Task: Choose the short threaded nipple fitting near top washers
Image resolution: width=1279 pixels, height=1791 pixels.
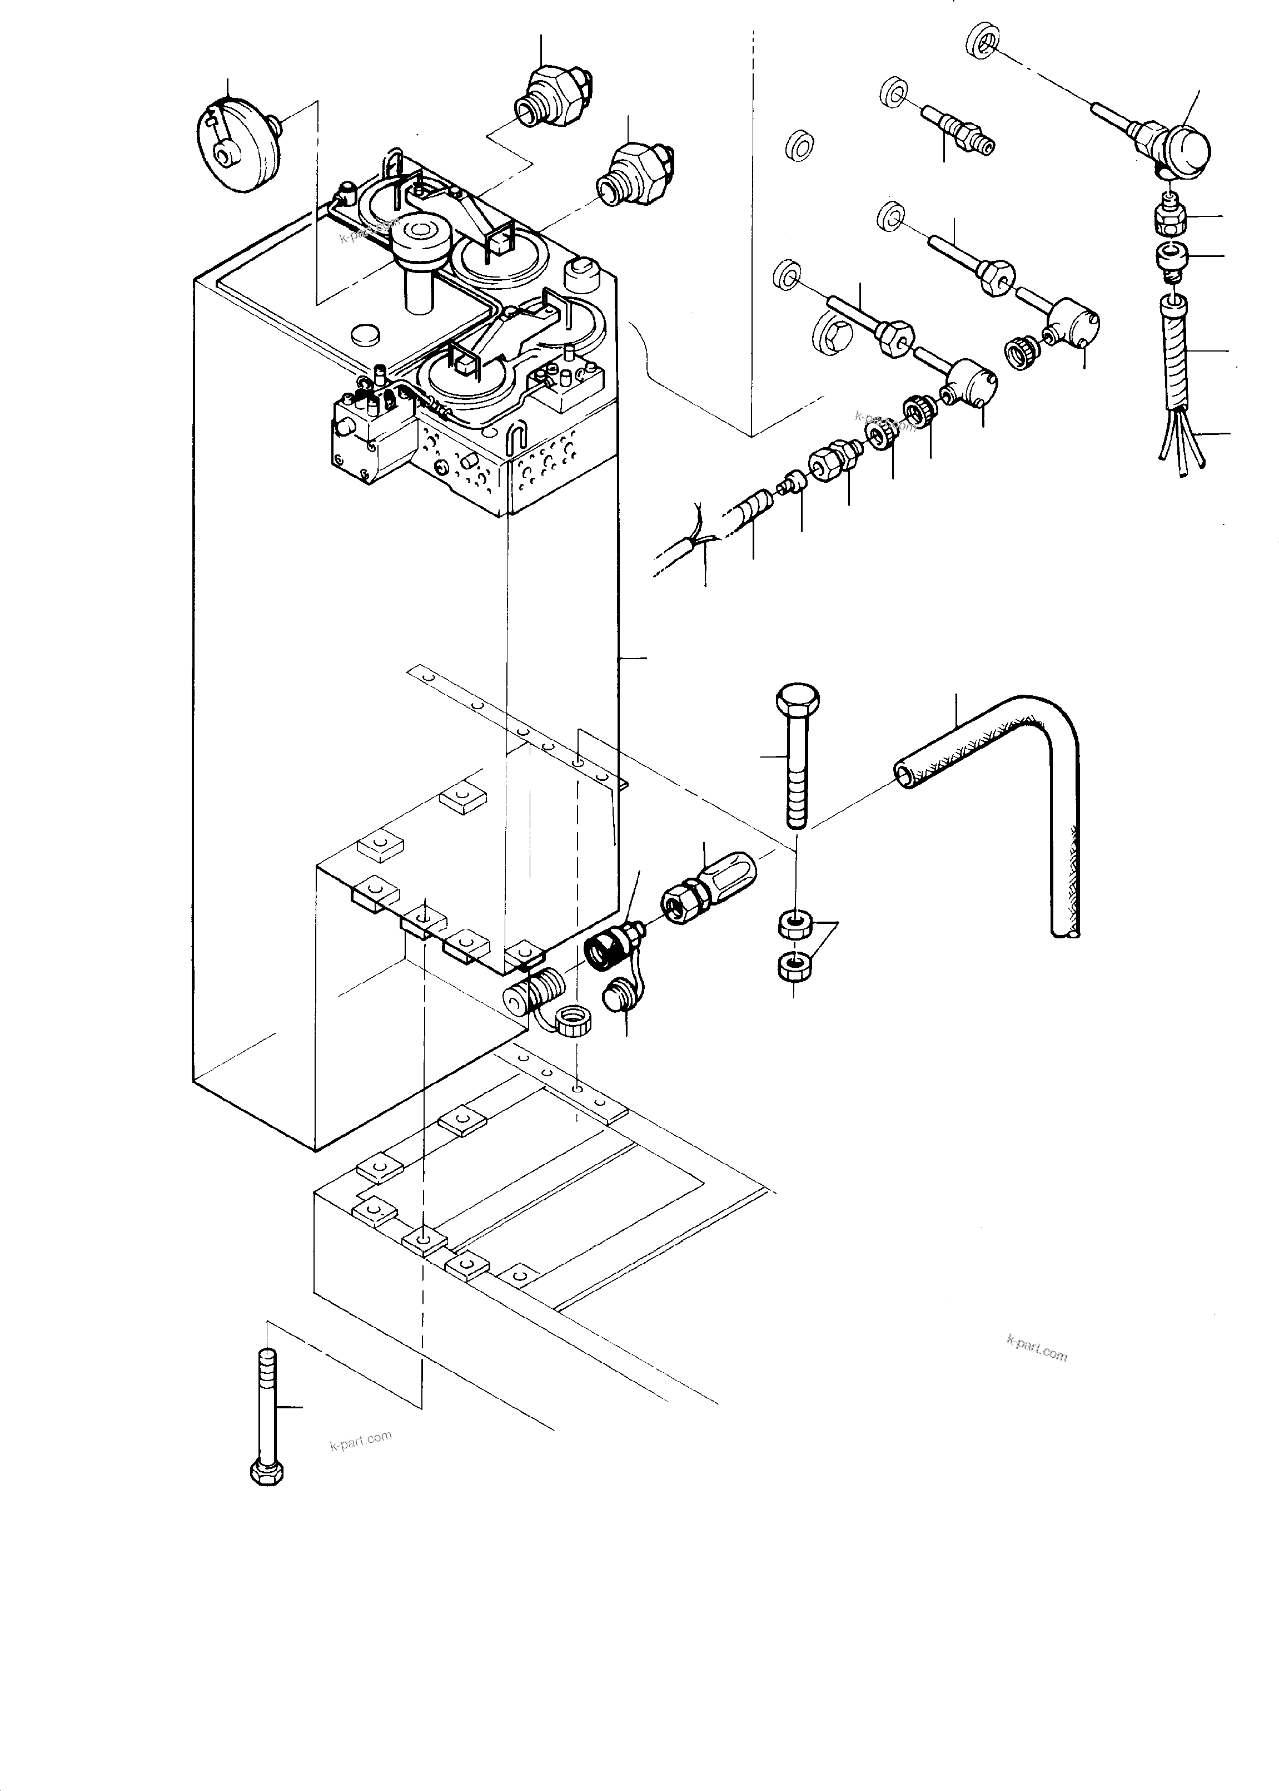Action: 953,127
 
